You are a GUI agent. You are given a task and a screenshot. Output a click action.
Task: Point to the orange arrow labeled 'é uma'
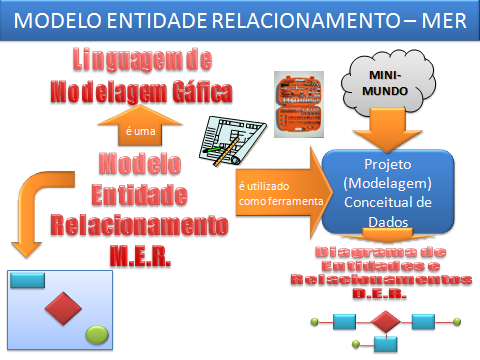(x=135, y=124)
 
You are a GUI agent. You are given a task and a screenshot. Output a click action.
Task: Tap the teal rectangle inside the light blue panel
(x=28, y=278)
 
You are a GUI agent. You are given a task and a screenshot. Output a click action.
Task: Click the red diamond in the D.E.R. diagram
(x=385, y=322)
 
